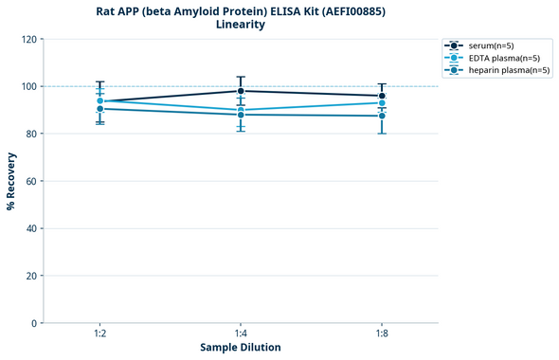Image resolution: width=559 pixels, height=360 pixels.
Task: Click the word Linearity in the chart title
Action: pyautogui.click(x=241, y=25)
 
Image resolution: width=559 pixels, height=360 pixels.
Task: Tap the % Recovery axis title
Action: pyautogui.click(x=11, y=181)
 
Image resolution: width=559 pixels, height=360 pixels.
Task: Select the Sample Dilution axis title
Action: pyautogui.click(x=241, y=348)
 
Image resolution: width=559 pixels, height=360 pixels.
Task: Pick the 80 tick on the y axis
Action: pyautogui.click(x=30, y=134)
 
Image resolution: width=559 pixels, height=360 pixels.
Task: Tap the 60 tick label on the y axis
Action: pyautogui.click(x=30, y=181)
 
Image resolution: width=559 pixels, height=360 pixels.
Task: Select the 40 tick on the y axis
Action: pyautogui.click(x=30, y=228)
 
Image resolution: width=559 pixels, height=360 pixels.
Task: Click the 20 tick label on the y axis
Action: pyautogui.click(x=30, y=276)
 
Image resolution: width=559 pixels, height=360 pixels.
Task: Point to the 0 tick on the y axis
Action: pyautogui.click(x=33, y=323)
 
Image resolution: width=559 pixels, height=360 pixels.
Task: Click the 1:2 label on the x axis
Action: pyautogui.click(x=99, y=333)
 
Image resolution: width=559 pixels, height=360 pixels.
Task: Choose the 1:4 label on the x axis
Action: pyautogui.click(x=241, y=333)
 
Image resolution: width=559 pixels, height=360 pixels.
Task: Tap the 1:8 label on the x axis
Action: pyautogui.click(x=382, y=333)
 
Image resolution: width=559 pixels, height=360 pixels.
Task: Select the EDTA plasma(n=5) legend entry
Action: pyautogui.click(x=503, y=58)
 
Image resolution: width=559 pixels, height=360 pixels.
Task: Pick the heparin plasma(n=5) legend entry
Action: pyautogui.click(x=508, y=70)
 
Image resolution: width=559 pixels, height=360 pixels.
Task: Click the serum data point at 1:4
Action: pyautogui.click(x=241, y=91)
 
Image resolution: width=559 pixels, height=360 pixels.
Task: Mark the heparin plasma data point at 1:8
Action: pyautogui.click(x=382, y=116)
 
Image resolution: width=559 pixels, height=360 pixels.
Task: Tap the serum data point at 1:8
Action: pyautogui.click(x=382, y=96)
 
